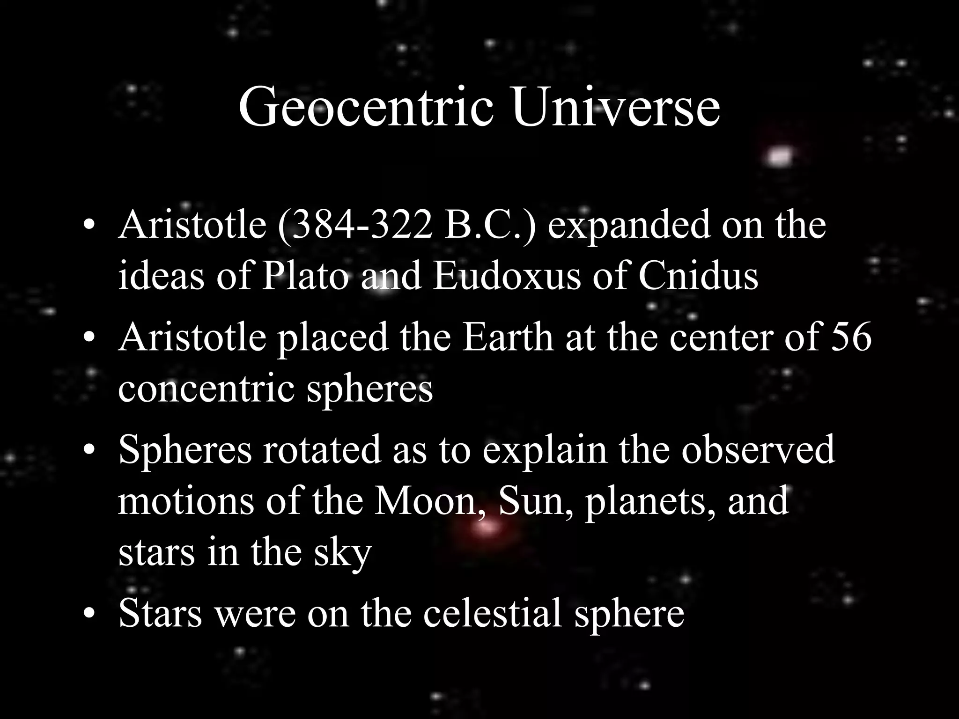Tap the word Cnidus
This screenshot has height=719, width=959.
pos(698,276)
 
